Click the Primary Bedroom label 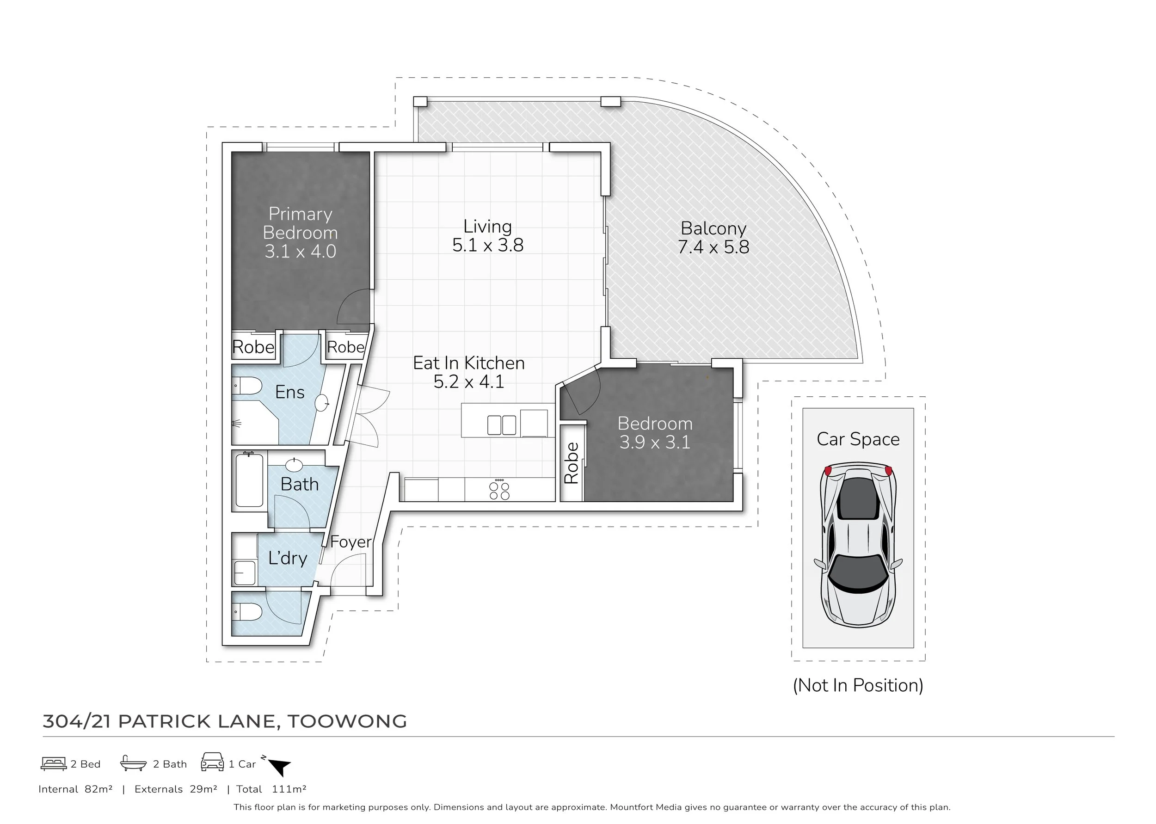point(300,223)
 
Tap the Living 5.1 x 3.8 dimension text point(487,245)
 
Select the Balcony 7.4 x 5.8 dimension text point(713,247)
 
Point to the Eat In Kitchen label point(469,363)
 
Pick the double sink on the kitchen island point(502,425)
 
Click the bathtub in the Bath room point(249,480)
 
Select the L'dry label point(288,558)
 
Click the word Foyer point(351,542)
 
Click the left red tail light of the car point(828,470)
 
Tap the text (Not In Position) point(858,685)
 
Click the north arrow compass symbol point(278,765)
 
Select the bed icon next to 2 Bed point(54,763)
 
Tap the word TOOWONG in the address point(347,721)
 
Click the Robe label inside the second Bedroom point(571,463)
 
